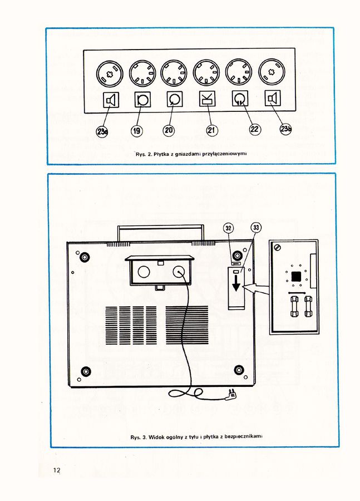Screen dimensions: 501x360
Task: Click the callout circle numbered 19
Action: tap(137, 130)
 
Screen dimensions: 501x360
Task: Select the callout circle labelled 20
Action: tap(169, 130)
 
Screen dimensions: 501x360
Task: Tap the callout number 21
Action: tap(212, 130)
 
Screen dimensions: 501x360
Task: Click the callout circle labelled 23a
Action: tap(102, 131)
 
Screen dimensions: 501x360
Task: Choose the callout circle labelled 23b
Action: tap(286, 129)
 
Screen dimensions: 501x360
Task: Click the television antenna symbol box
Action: tap(207, 100)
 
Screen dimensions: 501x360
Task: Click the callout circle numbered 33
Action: tap(256, 227)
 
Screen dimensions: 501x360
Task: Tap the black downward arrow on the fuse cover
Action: tap(236, 283)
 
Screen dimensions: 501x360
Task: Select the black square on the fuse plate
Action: tap(294, 275)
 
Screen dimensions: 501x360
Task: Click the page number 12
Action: tap(57, 470)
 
